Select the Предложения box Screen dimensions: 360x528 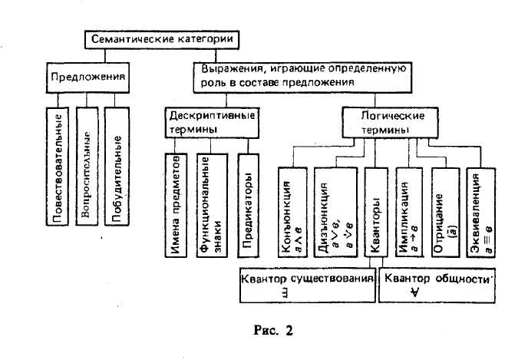[x=87, y=78]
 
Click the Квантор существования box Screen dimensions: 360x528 [x=307, y=284]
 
